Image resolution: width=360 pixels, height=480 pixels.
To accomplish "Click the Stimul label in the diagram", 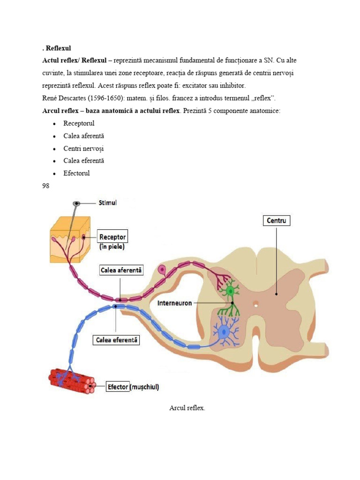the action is click(107, 203).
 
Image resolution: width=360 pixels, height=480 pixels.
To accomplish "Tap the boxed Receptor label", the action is click(112, 237).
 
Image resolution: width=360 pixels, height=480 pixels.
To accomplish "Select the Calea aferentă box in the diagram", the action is click(121, 270).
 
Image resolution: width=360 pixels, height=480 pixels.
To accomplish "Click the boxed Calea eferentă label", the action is click(116, 340).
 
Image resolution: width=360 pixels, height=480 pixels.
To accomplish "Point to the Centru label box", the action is click(277, 220).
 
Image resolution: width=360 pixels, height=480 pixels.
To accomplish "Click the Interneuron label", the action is click(174, 303).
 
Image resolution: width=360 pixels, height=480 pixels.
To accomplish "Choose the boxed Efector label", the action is click(118, 387).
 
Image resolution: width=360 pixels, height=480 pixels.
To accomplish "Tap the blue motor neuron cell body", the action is click(225, 331).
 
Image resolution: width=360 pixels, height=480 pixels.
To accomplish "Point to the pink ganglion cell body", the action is click(161, 270).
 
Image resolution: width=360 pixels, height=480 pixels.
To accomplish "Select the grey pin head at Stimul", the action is click(76, 203).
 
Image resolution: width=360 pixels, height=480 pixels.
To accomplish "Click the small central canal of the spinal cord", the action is click(256, 304).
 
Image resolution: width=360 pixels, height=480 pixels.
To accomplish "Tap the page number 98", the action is click(45, 186).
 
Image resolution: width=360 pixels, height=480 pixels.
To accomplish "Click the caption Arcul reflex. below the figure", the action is click(187, 408).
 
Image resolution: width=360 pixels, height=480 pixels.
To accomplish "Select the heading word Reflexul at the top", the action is click(58, 48).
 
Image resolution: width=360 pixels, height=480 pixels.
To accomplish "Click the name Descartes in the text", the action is click(71, 98).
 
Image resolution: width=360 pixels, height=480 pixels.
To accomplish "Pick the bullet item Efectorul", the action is click(76, 173).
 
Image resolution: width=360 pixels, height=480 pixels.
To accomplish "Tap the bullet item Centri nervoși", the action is click(83, 149).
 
